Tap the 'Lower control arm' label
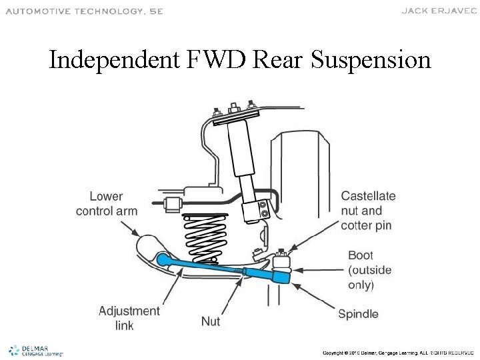coord(107,204)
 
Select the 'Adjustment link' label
coord(129,318)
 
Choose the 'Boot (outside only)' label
coord(370,270)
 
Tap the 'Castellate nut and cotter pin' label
coord(368,211)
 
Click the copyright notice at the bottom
coord(397,352)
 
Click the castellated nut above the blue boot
coord(282,254)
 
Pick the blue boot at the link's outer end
coord(283,273)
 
